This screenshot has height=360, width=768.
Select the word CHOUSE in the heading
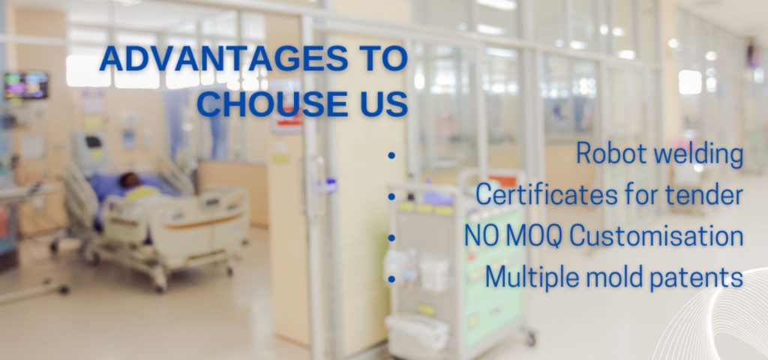pos(276,103)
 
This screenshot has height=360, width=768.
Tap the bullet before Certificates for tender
pos(391,197)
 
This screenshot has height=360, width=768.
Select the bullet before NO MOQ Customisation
pos(391,238)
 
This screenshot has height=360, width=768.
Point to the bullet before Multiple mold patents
pos(391,279)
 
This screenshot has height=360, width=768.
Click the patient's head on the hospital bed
pos(129,180)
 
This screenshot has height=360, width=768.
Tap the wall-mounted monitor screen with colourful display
pos(26,85)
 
